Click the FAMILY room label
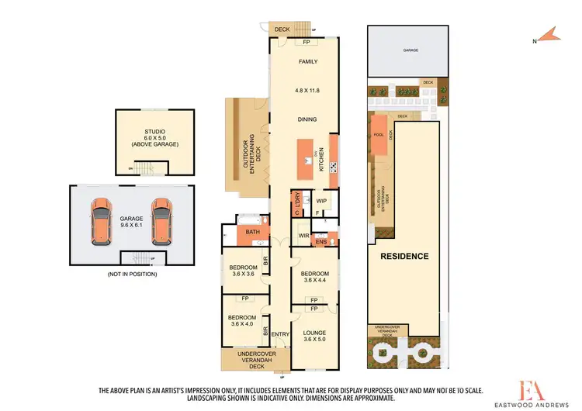pyautogui.click(x=309, y=62)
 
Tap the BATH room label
pyautogui.click(x=252, y=232)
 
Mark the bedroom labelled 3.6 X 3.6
pyautogui.click(x=242, y=271)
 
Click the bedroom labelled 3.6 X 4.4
pyautogui.click(x=315, y=278)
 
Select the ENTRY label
pyautogui.click(x=279, y=335)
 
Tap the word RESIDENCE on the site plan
pyautogui.click(x=403, y=255)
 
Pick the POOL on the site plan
pyautogui.click(x=379, y=133)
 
